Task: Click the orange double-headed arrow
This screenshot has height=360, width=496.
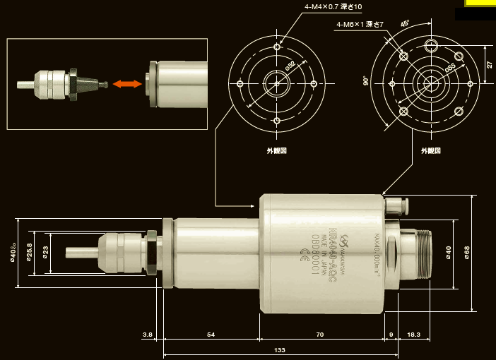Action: tap(125, 84)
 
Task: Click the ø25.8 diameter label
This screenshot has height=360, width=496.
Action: tap(30, 251)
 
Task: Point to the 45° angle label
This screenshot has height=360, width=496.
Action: tap(405, 23)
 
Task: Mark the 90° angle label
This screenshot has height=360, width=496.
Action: tap(365, 80)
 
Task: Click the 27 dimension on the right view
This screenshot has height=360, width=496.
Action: tap(490, 64)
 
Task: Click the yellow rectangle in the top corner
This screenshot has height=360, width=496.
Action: tap(480, 3)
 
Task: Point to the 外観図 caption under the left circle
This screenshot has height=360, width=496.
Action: tap(275, 150)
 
